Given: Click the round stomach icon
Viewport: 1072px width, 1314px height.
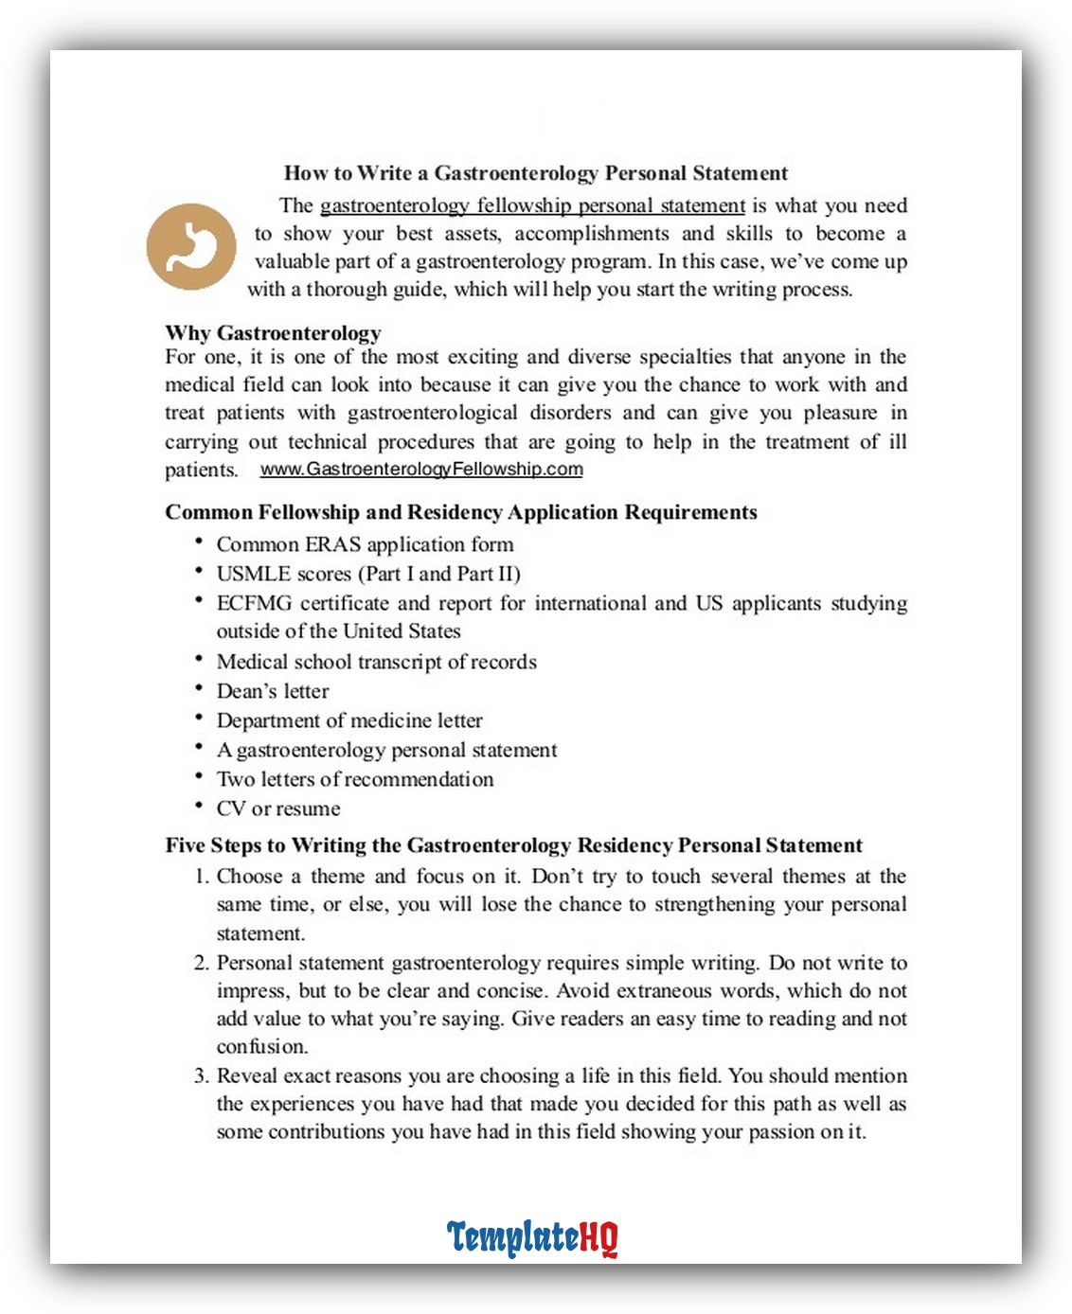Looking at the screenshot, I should (x=191, y=246).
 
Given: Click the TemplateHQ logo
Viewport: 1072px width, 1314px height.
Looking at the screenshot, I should (x=531, y=1237).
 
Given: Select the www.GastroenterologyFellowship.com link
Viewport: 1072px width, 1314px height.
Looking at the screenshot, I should (x=421, y=470).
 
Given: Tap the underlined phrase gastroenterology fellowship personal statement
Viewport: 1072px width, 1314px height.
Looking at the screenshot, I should (x=532, y=206).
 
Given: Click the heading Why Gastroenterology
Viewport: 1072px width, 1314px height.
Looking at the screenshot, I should (x=273, y=333).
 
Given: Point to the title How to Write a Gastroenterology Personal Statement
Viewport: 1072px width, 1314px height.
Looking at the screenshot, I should (x=535, y=173).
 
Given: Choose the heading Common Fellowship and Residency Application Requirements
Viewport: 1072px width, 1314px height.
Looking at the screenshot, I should (x=460, y=512).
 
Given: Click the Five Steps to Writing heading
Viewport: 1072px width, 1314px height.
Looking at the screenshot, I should (x=513, y=845).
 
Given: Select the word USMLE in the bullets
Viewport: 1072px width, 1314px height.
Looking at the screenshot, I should (x=247, y=574).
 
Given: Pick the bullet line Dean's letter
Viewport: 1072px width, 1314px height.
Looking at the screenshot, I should (x=273, y=691).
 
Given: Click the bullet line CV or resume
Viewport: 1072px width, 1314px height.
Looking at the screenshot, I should (x=278, y=808).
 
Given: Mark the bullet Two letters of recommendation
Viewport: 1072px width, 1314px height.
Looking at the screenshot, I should (x=355, y=779).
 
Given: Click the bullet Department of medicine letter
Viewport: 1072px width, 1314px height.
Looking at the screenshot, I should (x=349, y=720).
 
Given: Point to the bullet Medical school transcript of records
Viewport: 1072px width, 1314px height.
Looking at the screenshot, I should (x=376, y=662).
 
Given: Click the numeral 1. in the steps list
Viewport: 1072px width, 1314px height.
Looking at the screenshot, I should (x=201, y=877).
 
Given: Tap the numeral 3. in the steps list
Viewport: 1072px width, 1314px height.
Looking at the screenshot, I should (x=201, y=1076).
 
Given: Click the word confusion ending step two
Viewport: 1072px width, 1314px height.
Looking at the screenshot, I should (x=261, y=1047).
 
